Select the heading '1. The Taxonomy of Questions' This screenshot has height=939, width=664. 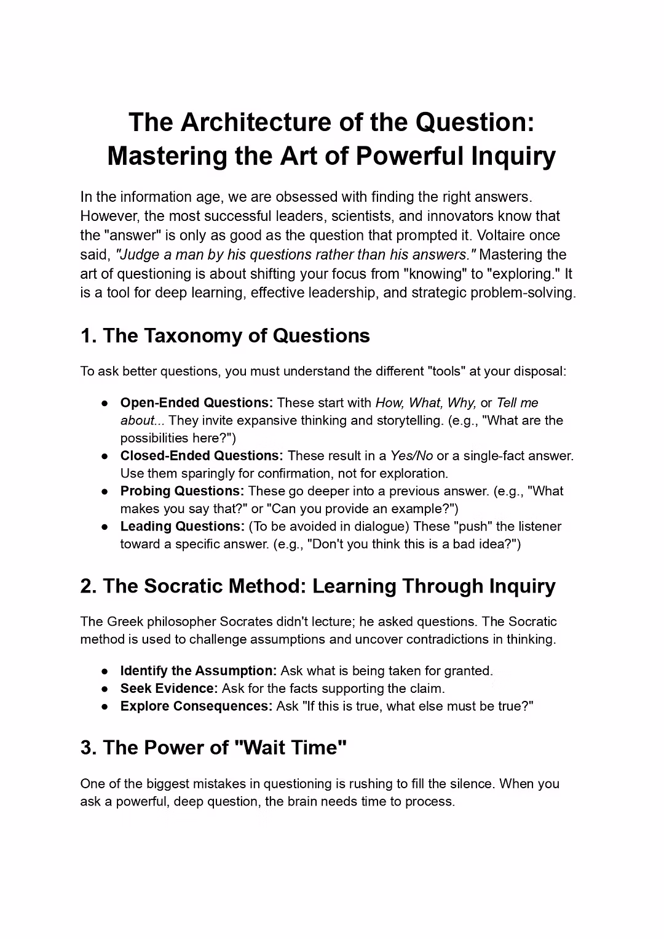click(x=225, y=335)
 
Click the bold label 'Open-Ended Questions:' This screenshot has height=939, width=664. click(x=197, y=403)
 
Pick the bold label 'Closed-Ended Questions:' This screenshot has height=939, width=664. click(x=202, y=456)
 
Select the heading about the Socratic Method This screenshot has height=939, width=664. click(x=317, y=586)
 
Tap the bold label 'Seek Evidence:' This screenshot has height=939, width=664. click(x=169, y=689)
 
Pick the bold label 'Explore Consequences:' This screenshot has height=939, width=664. click(x=196, y=706)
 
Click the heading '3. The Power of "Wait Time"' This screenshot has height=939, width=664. click(x=213, y=748)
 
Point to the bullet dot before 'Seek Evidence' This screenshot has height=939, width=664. click(x=106, y=689)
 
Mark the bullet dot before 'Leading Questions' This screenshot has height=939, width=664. click(x=106, y=527)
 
